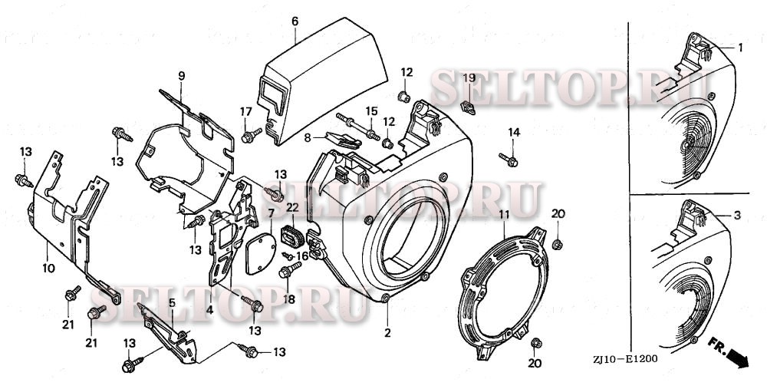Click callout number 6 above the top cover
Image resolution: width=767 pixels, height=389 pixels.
point(295,21)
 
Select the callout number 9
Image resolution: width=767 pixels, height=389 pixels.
point(182,75)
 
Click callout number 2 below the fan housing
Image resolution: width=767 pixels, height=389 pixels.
point(387,333)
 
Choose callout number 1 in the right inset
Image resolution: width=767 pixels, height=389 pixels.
point(741,48)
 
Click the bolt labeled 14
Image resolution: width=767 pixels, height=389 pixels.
point(511,160)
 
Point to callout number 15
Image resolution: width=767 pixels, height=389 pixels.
point(371,110)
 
